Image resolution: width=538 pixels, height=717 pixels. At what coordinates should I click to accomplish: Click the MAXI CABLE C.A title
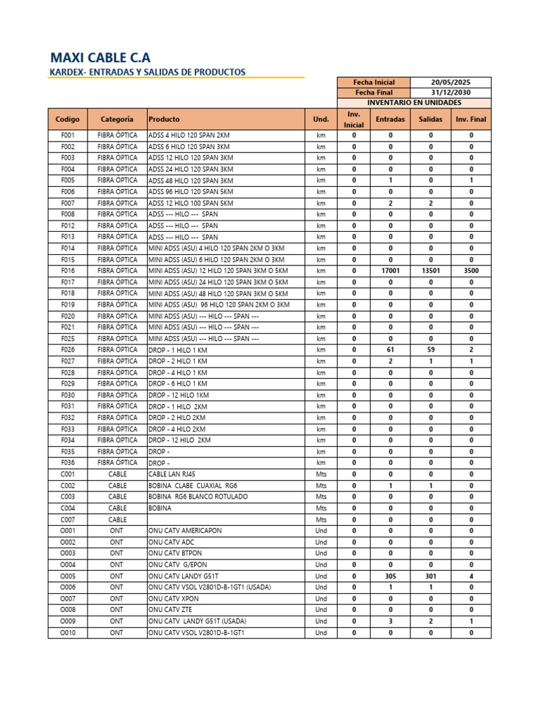(101, 57)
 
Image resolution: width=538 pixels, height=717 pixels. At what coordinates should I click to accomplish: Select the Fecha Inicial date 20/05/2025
(450, 82)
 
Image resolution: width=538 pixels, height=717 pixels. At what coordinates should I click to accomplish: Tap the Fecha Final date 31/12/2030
(450, 92)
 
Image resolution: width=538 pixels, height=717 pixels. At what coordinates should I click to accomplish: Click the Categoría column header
(117, 120)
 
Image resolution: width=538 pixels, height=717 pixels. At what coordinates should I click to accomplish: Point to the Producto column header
(164, 120)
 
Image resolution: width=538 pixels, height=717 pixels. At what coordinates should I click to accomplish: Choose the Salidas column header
(431, 120)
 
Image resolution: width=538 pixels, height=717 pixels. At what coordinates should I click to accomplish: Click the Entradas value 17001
(390, 270)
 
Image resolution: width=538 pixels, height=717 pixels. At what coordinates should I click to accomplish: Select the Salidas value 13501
(431, 270)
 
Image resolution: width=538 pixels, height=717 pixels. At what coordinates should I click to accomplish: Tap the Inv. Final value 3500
(471, 270)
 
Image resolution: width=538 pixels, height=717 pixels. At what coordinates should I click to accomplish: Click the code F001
(68, 135)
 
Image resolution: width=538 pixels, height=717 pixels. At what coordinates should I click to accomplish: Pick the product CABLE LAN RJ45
(172, 474)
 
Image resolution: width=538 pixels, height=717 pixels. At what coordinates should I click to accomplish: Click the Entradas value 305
(390, 576)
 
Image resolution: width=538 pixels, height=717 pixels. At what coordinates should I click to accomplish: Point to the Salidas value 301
(431, 576)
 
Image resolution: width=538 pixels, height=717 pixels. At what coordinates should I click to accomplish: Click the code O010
(68, 632)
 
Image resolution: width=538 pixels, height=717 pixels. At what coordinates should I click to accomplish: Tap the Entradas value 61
(390, 349)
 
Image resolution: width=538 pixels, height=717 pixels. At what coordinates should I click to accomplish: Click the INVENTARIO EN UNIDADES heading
(414, 103)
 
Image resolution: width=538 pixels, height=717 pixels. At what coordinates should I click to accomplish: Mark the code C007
(68, 520)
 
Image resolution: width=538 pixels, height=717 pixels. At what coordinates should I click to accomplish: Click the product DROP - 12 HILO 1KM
(179, 395)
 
